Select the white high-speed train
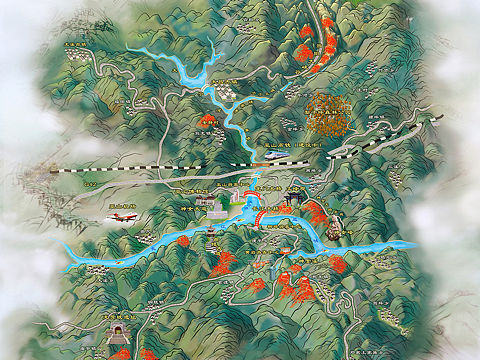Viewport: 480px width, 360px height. (x=274, y=155)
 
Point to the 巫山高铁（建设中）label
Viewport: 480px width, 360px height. (x=299, y=146)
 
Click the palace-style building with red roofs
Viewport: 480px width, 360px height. (x=218, y=212)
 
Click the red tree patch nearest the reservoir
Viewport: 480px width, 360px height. (x=208, y=120)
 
